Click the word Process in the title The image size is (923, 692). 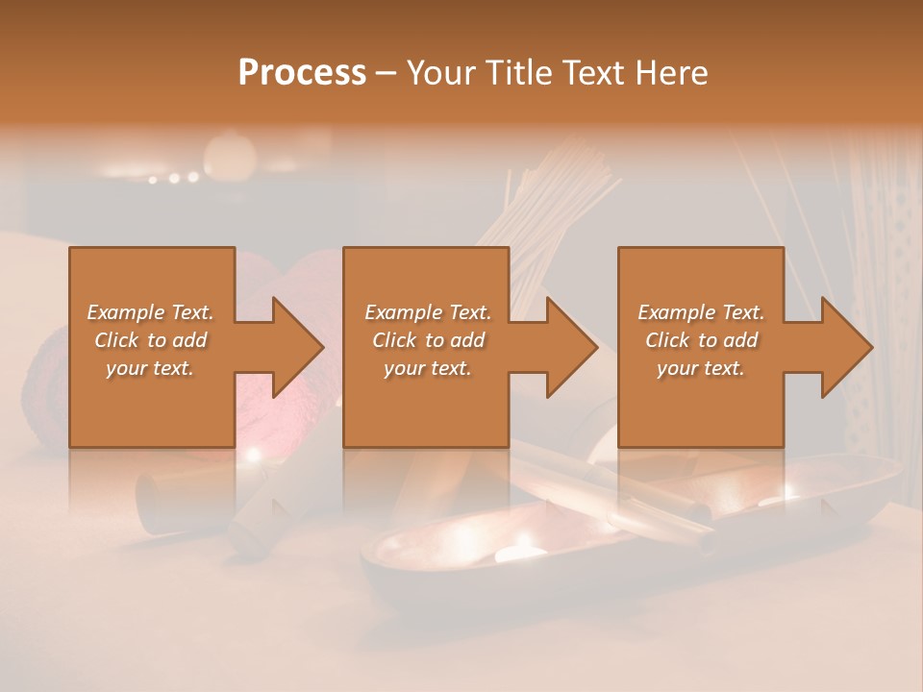click(x=302, y=73)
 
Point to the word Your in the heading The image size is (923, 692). click(x=439, y=73)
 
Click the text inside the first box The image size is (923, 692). click(x=151, y=339)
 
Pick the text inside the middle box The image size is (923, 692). click(x=428, y=339)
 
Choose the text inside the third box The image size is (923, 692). click(x=701, y=339)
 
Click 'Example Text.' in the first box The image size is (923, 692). click(x=151, y=312)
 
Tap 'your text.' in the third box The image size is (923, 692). click(x=701, y=368)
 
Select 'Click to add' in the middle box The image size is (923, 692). click(x=428, y=340)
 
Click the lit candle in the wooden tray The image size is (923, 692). click(x=520, y=553)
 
